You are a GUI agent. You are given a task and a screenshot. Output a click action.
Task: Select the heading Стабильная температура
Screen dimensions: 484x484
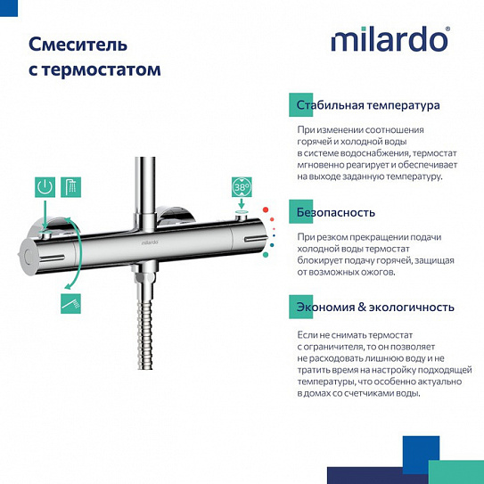368,105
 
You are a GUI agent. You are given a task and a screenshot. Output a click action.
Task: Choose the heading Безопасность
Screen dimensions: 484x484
335,213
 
